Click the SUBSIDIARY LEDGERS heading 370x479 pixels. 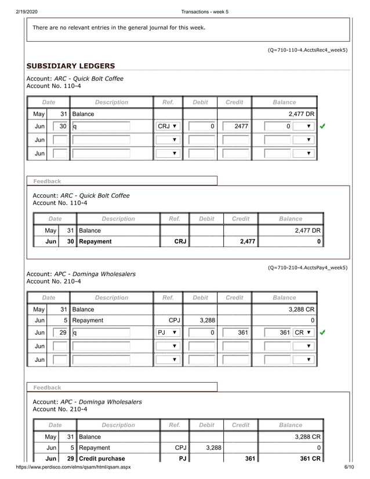[x=71, y=66]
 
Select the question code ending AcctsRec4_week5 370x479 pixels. [x=307, y=50]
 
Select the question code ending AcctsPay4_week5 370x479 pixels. [x=307, y=267]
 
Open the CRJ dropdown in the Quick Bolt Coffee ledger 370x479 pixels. [x=168, y=126]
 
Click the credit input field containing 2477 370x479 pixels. [x=234, y=126]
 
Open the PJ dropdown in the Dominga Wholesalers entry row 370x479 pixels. [x=168, y=333]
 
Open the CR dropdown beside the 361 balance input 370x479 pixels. [x=303, y=333]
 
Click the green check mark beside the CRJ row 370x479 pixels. [x=323, y=126]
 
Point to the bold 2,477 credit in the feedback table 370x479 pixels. [x=248, y=241]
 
